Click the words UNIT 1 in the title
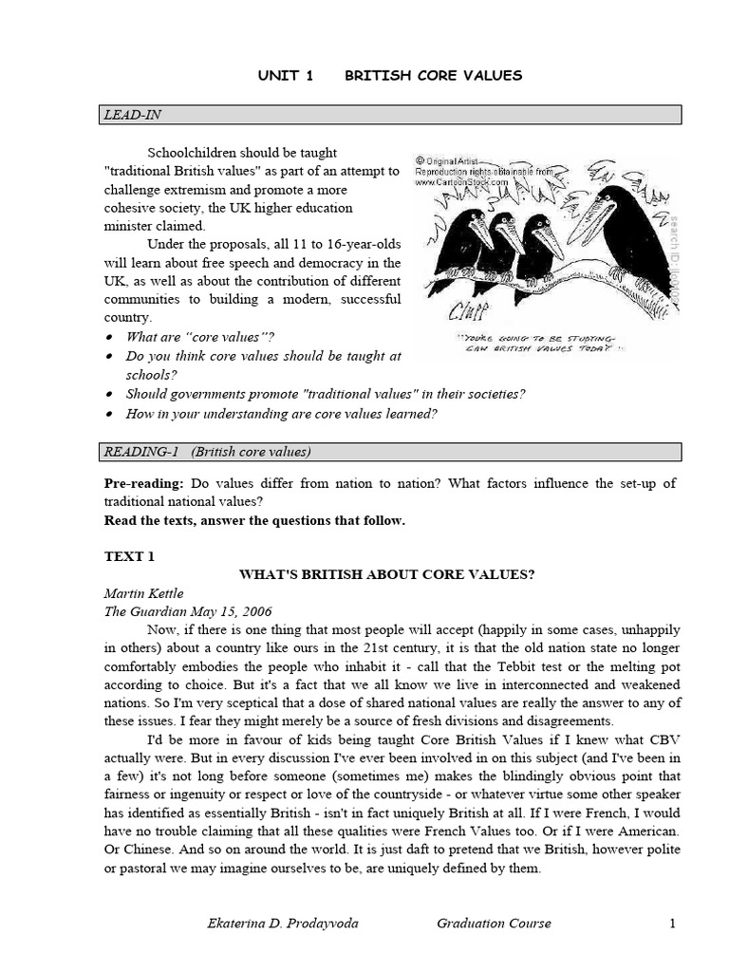[x=286, y=76]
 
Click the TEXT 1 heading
[x=128, y=553]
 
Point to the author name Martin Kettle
[x=143, y=592]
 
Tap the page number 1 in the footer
[x=672, y=924]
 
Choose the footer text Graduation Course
[x=494, y=924]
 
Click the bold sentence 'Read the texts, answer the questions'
[x=254, y=520]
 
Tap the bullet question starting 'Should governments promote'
[x=326, y=393]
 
